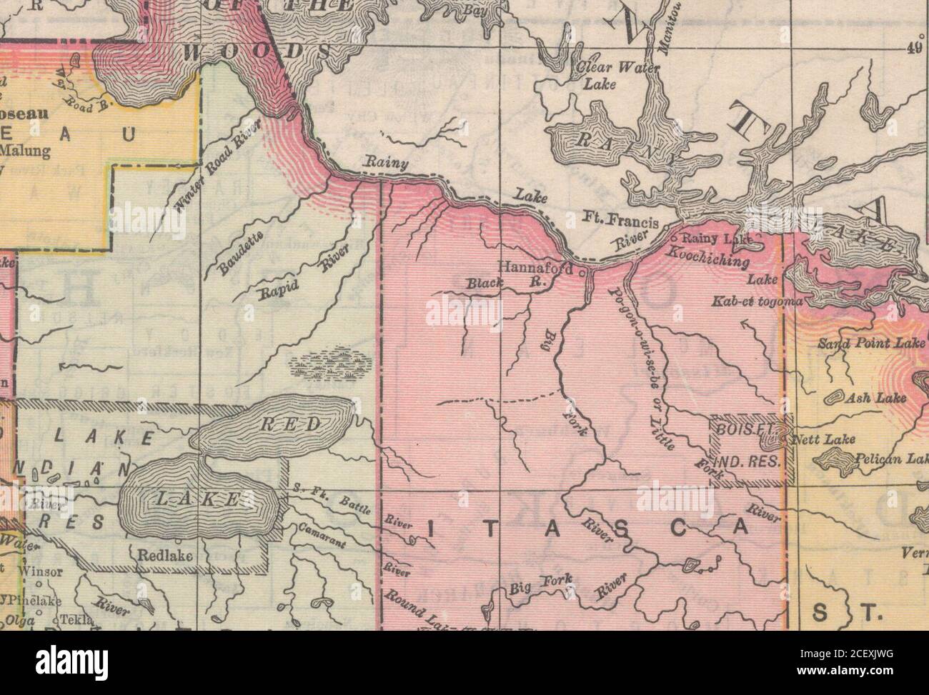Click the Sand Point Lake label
click(871, 344)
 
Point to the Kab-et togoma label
click(757, 303)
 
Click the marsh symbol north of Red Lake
click(329, 362)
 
